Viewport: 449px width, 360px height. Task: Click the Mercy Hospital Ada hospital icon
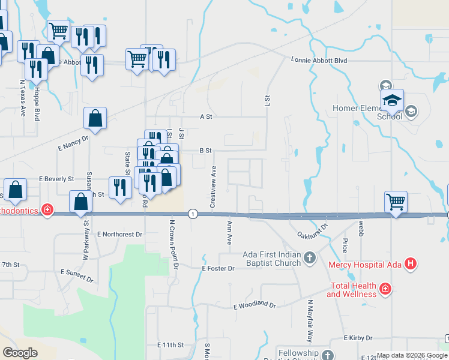click(411, 263)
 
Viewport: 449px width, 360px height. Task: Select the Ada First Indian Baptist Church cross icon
click(309, 258)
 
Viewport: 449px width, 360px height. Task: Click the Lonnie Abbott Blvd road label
click(319, 60)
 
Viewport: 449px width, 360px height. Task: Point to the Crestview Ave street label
click(212, 188)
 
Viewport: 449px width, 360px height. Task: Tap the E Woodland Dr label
click(254, 305)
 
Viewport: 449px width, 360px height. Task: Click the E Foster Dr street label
click(218, 269)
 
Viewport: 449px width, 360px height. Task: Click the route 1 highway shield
click(192, 214)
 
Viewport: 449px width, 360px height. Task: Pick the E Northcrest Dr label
click(120, 234)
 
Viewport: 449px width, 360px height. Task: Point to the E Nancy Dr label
click(73, 142)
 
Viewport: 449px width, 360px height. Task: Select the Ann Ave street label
click(229, 231)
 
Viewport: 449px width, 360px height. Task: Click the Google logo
click(20, 353)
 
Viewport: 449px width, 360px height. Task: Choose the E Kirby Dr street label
click(358, 338)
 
